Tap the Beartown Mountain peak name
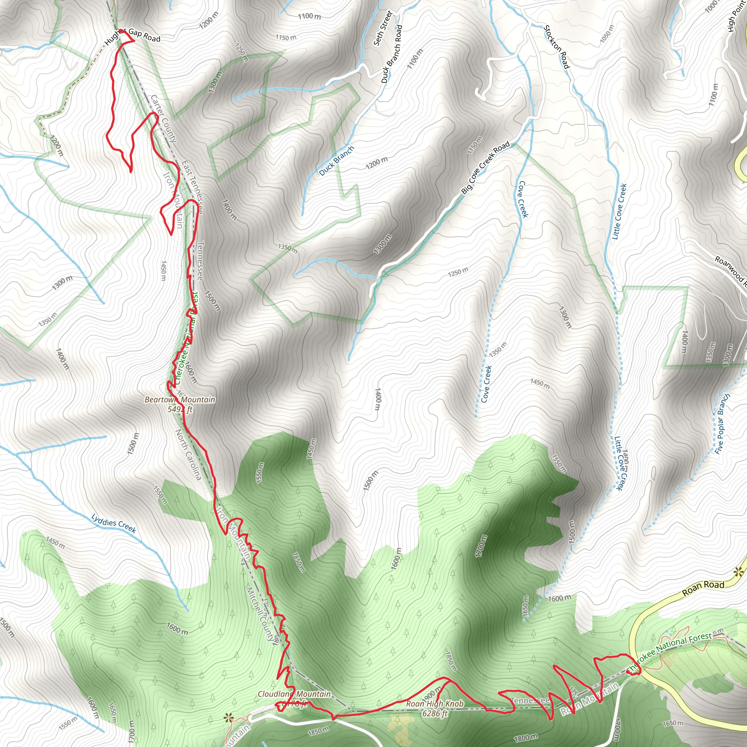click(180, 399)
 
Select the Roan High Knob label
click(434, 704)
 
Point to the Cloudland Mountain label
click(294, 694)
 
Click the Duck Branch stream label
click(336, 161)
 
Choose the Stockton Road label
click(556, 47)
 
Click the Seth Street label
click(383, 28)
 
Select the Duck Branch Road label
click(392, 54)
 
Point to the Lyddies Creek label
click(114, 524)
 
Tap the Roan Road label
click(703, 588)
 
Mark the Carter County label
click(163, 119)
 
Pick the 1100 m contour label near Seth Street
click(309, 16)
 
